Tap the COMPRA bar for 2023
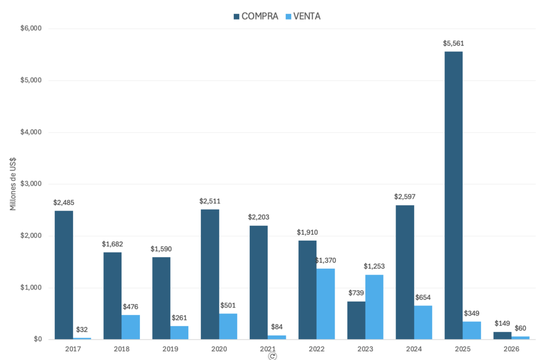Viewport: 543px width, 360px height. coord(356,320)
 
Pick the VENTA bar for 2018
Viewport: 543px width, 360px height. coord(130,327)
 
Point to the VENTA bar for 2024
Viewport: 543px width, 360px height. coord(423,322)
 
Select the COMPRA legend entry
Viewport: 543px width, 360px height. coord(256,16)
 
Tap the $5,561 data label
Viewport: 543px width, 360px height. coord(453,43)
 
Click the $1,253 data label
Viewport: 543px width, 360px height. coord(374,266)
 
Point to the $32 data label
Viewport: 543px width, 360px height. coord(82,330)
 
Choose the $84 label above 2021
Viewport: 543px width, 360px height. coord(277,327)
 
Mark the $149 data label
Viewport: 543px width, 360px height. coord(502,323)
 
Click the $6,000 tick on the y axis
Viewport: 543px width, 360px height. coord(31,29)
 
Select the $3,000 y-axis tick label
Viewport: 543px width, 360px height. coord(31,184)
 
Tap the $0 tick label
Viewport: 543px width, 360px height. coord(35,339)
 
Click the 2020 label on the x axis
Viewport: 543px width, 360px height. coord(219,349)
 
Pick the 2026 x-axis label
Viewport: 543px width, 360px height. coord(511,349)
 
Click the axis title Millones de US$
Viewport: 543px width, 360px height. coord(13,183)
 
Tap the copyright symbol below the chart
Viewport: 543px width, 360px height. coord(272,356)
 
